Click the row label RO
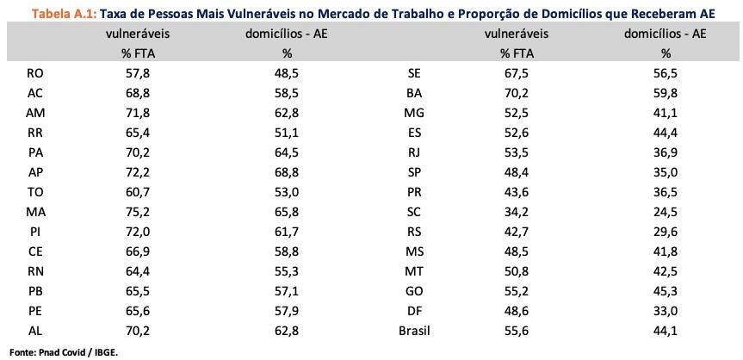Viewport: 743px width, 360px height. (x=35, y=74)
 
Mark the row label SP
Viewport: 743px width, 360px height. (x=413, y=173)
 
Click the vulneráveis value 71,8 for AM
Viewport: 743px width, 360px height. (x=138, y=114)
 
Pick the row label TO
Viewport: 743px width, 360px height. (x=35, y=192)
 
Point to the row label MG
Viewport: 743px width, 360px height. (x=413, y=114)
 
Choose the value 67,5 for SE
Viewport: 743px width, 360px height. (x=517, y=74)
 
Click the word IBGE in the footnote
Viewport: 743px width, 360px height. (x=105, y=351)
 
